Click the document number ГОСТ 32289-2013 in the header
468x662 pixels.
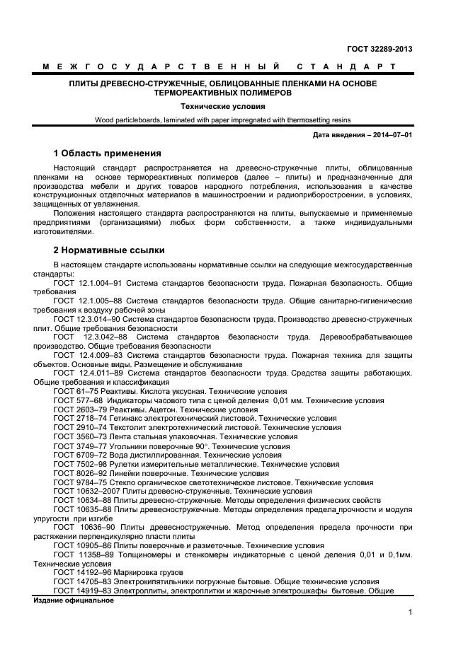coord(379,49)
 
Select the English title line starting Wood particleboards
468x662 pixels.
coord(223,120)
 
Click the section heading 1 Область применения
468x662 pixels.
coord(108,153)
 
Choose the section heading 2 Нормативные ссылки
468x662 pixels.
coord(110,250)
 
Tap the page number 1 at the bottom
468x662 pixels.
coord(410,613)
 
